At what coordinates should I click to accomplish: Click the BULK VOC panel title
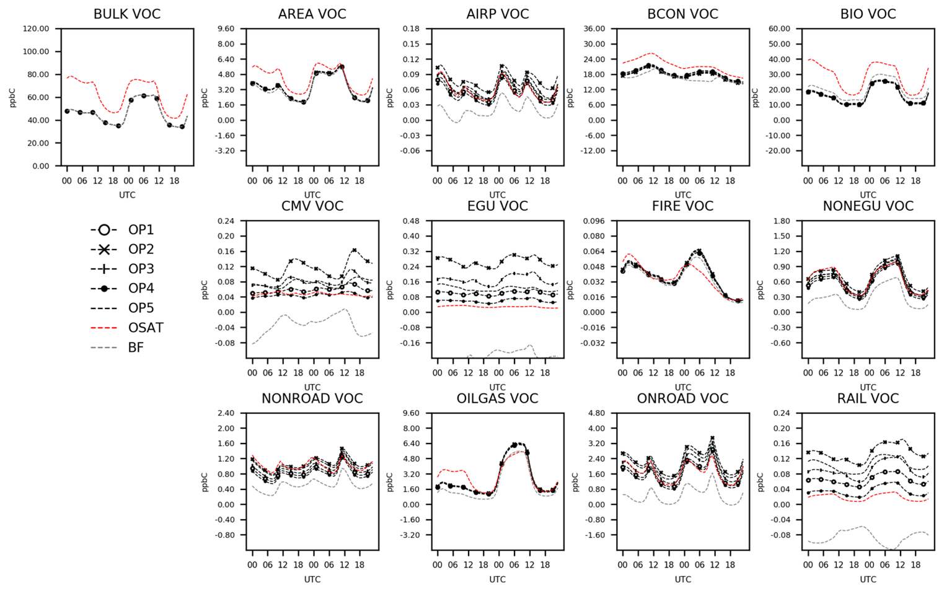coord(126,14)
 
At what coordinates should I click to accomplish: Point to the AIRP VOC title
coord(497,14)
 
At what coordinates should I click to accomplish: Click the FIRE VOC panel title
coord(682,206)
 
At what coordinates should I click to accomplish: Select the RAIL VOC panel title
coord(868,398)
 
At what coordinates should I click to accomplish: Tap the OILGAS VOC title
coord(497,398)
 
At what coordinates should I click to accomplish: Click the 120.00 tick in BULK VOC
coord(36,28)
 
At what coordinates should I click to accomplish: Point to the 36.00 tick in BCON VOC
coord(594,28)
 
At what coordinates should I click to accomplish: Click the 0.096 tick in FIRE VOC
coord(594,221)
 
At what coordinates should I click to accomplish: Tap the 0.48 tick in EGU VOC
coord(411,221)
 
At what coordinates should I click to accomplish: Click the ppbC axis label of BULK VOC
coord(13,97)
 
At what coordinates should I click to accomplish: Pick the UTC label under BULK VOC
coord(127,195)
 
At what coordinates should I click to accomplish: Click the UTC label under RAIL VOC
coord(868,579)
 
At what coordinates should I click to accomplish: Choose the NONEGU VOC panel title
coord(868,206)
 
